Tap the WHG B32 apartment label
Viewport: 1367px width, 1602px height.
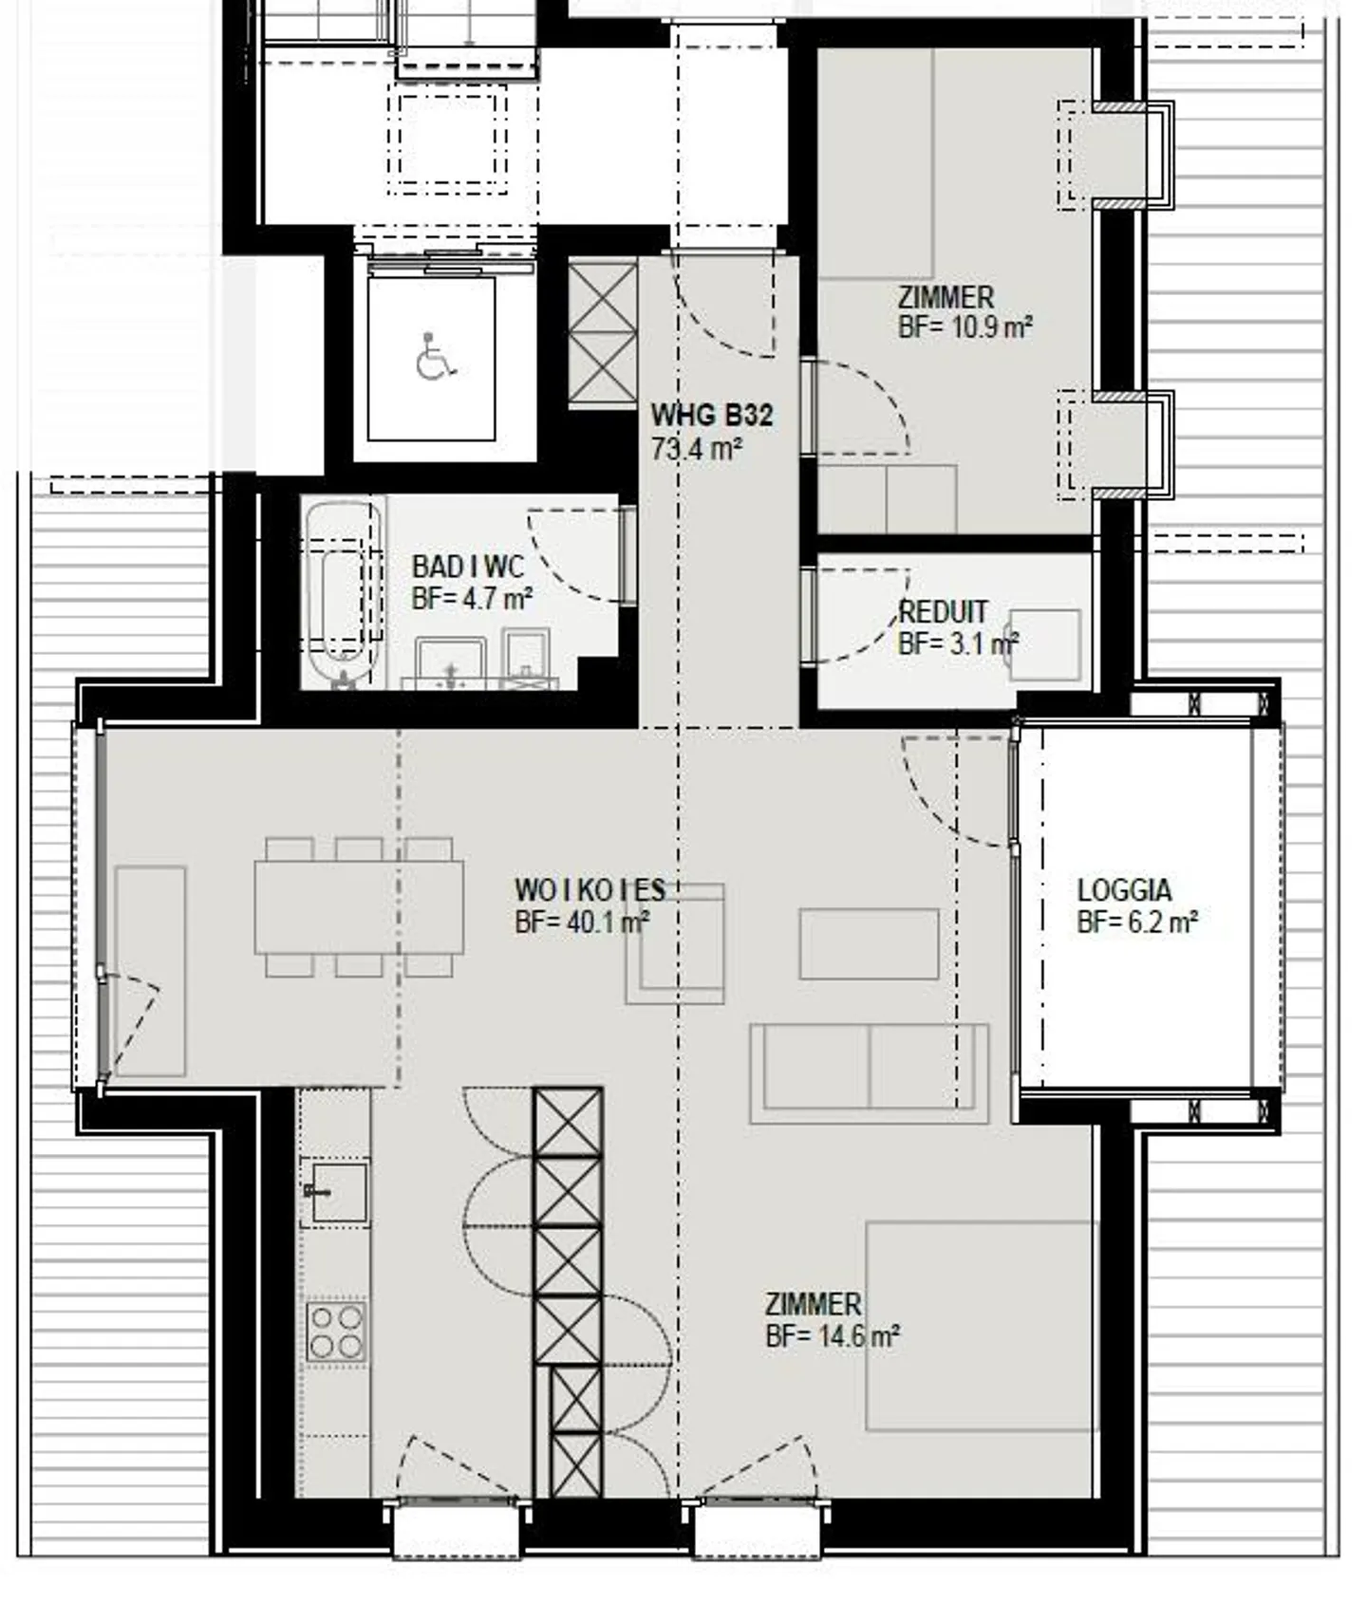pos(712,416)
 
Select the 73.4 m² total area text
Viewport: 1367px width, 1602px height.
pos(697,449)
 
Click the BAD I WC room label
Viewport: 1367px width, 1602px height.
pos(467,568)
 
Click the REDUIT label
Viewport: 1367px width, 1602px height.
pos(944,612)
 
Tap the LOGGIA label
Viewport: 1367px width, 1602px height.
pos(1124,890)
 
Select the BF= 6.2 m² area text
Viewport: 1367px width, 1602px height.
pos(1137,922)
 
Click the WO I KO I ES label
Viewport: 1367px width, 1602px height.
pos(590,890)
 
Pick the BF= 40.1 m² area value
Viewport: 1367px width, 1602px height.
pos(582,922)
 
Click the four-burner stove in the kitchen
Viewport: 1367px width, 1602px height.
pos(336,1332)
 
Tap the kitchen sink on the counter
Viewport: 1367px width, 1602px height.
pos(336,1191)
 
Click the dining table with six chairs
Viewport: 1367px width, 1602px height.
pos(359,906)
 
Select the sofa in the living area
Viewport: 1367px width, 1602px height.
pos(870,1073)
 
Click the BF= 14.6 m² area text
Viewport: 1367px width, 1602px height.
pos(833,1337)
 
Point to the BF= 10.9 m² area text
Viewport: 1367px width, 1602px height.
pos(965,328)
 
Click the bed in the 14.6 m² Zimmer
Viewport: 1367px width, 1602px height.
pos(983,1326)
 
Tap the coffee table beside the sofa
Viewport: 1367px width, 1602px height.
pos(869,943)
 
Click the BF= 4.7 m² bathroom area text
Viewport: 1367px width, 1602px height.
pos(472,600)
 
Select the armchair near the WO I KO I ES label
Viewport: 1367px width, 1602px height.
pos(675,943)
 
